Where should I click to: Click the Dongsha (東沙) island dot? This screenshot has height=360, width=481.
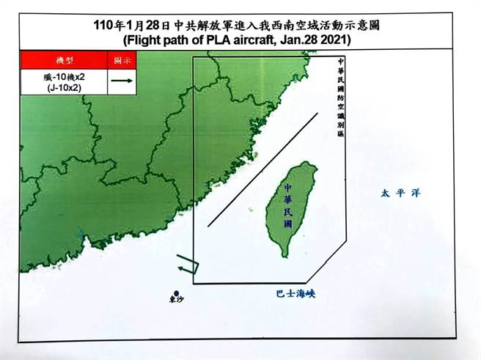(x=173, y=290)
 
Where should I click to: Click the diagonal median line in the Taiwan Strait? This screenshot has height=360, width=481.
(x=262, y=169)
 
